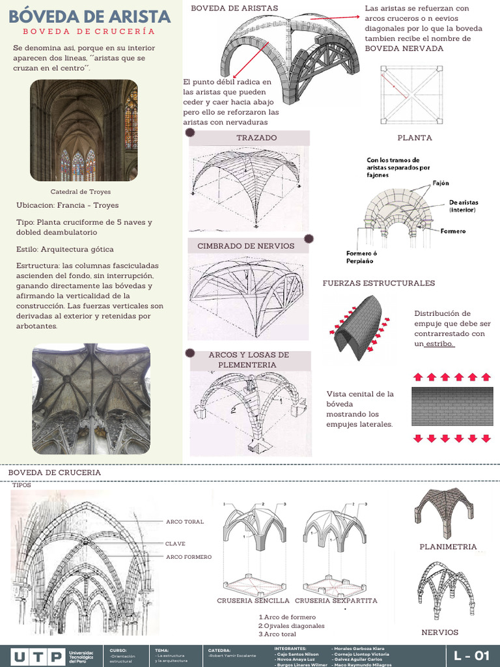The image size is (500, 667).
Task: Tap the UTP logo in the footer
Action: [x=38, y=655]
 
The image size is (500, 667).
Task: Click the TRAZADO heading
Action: [x=256, y=138]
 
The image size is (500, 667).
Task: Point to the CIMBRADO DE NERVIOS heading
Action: [x=245, y=246]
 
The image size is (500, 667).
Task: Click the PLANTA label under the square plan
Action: [x=415, y=138]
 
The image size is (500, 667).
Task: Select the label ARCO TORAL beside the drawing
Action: [x=185, y=522]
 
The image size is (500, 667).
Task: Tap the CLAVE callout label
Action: [x=175, y=543]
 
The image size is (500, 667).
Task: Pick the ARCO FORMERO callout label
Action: [x=189, y=557]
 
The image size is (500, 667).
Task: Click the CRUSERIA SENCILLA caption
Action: [x=254, y=601]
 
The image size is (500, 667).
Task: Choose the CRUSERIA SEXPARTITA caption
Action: [x=336, y=601]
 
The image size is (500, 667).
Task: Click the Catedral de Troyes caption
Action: [x=81, y=192]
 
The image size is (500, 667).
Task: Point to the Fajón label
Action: [x=441, y=183]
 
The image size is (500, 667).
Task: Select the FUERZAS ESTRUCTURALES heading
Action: [x=379, y=283]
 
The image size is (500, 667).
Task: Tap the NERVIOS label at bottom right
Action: [x=439, y=632]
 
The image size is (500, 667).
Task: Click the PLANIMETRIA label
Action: [x=448, y=546]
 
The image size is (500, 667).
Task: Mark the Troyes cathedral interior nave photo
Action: [x=84, y=130]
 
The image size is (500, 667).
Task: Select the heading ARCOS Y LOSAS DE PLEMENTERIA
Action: [x=248, y=360]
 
